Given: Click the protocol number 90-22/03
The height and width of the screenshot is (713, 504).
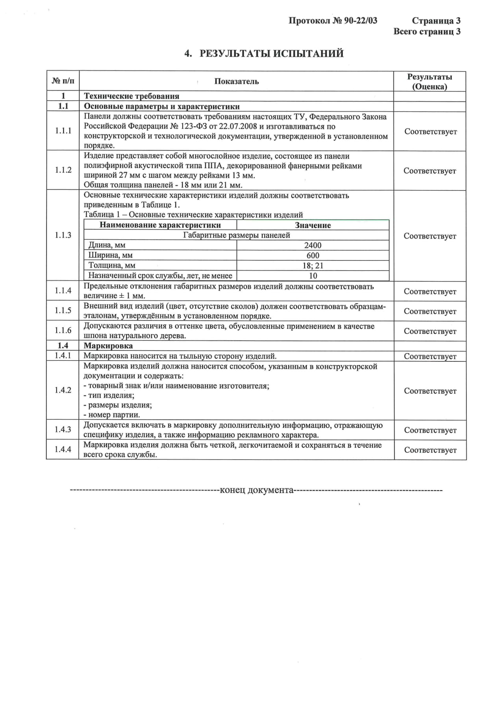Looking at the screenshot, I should [360, 21].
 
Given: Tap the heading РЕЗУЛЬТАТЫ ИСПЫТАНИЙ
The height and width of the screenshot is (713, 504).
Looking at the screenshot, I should [271, 54].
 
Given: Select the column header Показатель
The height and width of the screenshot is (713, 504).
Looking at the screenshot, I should [236, 81].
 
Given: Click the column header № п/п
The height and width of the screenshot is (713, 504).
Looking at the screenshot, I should [63, 81].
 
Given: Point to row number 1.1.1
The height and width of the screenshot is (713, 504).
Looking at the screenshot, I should [63, 131].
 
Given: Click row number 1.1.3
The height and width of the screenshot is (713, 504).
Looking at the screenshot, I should [63, 235].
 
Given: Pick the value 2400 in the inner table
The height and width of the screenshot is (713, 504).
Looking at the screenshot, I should [313, 245].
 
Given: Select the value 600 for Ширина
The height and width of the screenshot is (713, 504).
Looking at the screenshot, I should [313, 256].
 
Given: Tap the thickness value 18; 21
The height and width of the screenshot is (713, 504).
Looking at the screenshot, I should [313, 266].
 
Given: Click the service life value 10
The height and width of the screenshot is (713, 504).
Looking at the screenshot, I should [313, 276].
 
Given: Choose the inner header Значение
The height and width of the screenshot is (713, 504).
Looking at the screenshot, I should [313, 225].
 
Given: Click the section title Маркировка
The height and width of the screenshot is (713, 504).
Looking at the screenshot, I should [108, 346].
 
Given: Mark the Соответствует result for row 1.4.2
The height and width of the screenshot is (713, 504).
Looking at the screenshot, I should [430, 391].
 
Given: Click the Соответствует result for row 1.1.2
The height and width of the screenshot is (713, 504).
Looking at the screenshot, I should [430, 171].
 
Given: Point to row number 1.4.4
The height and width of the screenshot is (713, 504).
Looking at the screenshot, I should [63, 449].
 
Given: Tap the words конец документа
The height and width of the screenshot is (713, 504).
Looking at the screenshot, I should [256, 490].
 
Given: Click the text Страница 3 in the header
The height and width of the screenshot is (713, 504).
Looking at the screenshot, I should [436, 21].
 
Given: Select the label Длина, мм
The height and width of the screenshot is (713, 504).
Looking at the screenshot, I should [107, 245].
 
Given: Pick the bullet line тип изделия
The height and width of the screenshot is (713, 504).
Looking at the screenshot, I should [111, 395].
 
